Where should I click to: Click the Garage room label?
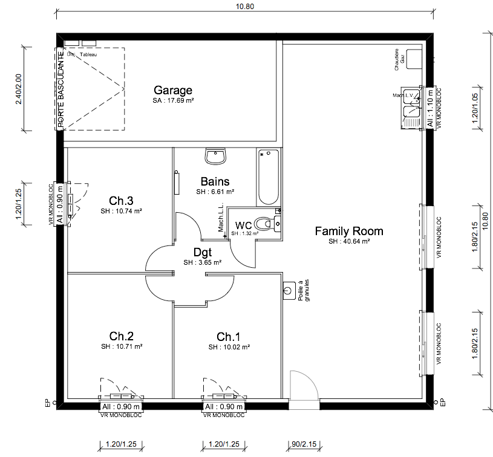[173, 90]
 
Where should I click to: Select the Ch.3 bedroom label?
[121, 201]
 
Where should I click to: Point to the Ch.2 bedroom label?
[121, 336]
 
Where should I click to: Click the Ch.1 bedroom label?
[229, 336]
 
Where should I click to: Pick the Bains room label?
[215, 181]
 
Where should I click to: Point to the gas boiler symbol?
[414, 58]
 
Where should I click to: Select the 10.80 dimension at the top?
[246, 6]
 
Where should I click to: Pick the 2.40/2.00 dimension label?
[18, 89]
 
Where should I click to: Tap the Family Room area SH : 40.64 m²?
[349, 241]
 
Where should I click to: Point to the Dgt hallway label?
[202, 253]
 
